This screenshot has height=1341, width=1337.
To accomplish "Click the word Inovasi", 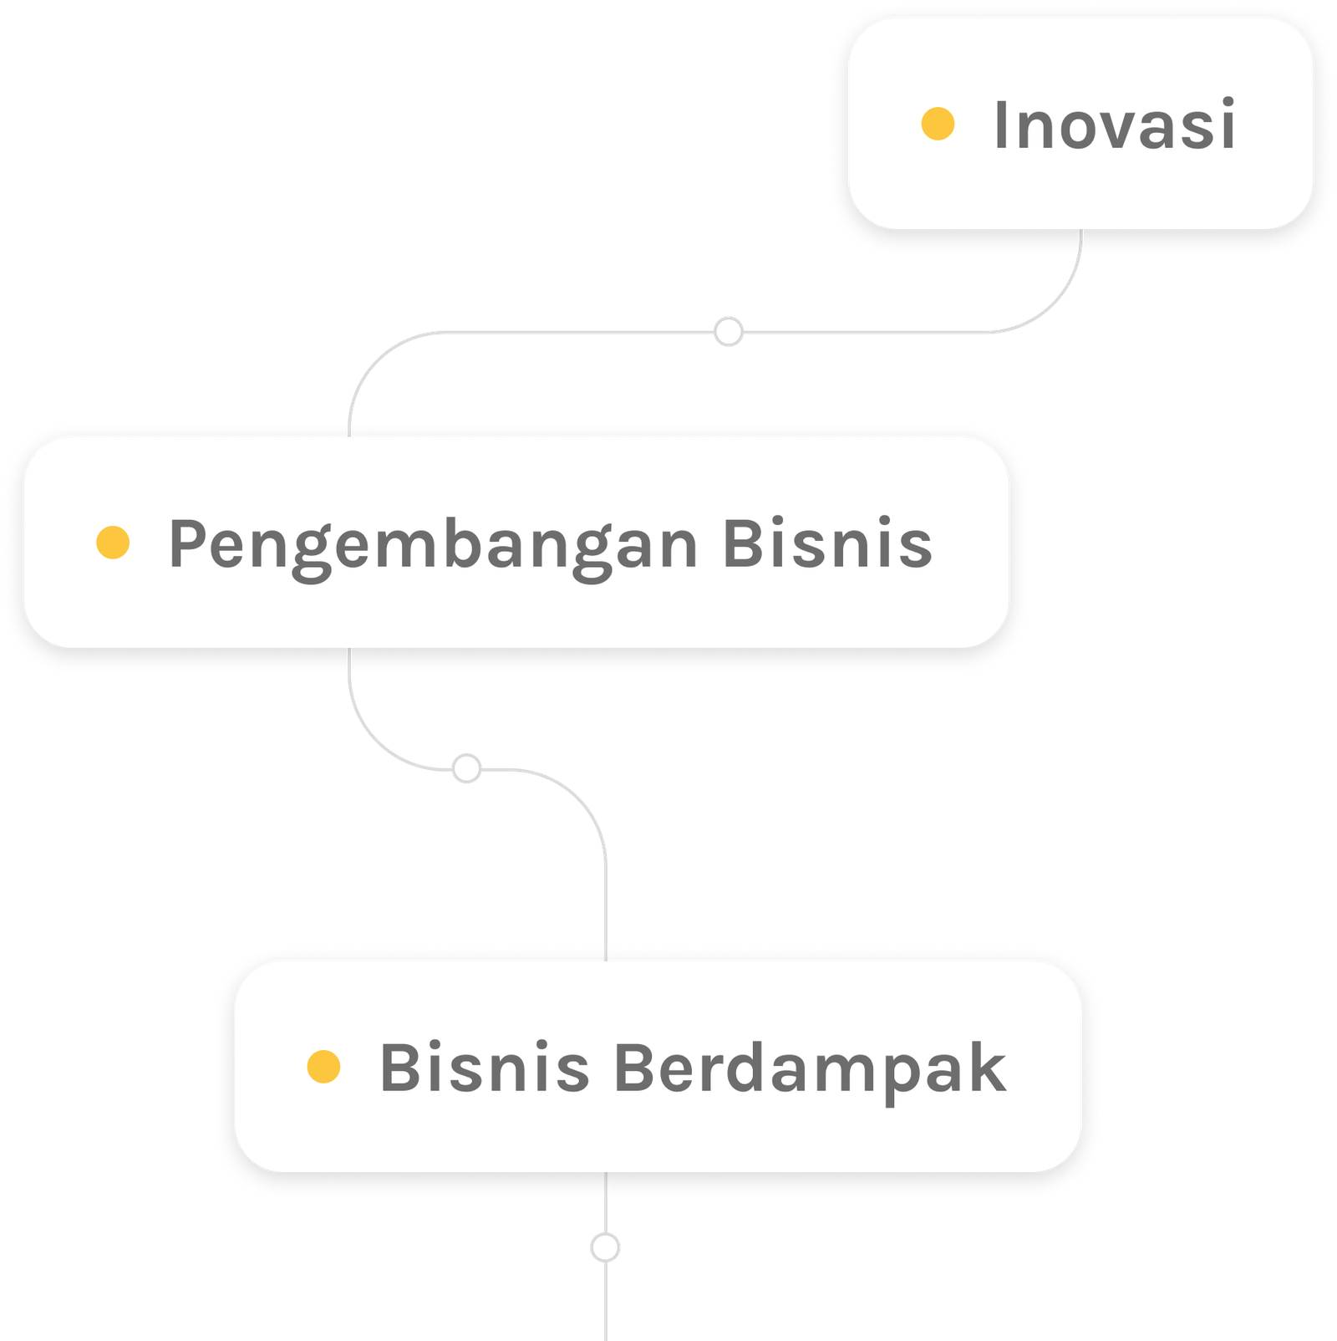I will pos(1114,125).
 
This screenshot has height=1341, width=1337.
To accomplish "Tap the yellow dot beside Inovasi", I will pos(938,124).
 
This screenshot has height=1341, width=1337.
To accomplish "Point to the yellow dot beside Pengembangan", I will pos(113,542).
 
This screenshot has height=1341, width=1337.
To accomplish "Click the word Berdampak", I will pos(810,1068).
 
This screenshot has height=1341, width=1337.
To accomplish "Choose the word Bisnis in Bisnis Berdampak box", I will pos(485,1068).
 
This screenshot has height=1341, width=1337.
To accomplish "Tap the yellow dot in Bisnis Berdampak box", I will pos(323,1067).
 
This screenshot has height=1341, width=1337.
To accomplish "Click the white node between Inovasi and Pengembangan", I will pos(729,332).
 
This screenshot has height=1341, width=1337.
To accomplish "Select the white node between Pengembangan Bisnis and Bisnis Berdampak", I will pos(466,768).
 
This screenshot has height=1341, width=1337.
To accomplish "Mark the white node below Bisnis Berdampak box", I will pos(605,1248).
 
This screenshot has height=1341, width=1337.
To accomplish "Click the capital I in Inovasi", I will pos(1001,125).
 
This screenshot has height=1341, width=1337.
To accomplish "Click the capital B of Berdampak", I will pos(635,1068).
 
